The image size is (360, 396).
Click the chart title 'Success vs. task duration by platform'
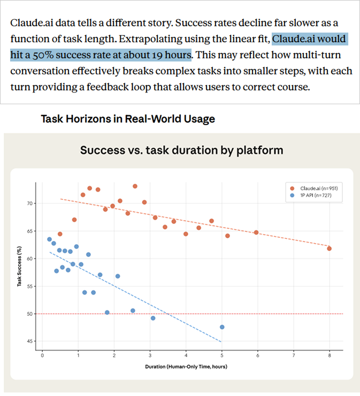[x=181, y=150]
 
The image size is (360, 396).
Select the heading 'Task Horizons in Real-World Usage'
[x=128, y=119]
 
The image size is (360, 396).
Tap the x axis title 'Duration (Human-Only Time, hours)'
[x=186, y=367]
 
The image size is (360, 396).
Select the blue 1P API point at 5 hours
[x=222, y=327]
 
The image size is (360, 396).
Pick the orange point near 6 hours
[x=256, y=232]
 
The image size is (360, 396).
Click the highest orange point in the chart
[x=135, y=186]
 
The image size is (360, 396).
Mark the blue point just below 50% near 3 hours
[x=153, y=318]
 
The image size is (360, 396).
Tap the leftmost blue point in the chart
[x=49, y=239]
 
